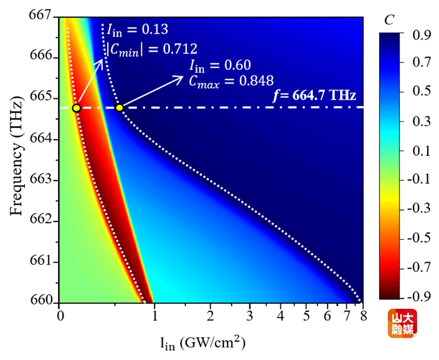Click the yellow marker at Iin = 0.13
click(76, 108)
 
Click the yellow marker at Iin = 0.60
click(120, 108)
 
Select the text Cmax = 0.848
click(227, 79)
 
